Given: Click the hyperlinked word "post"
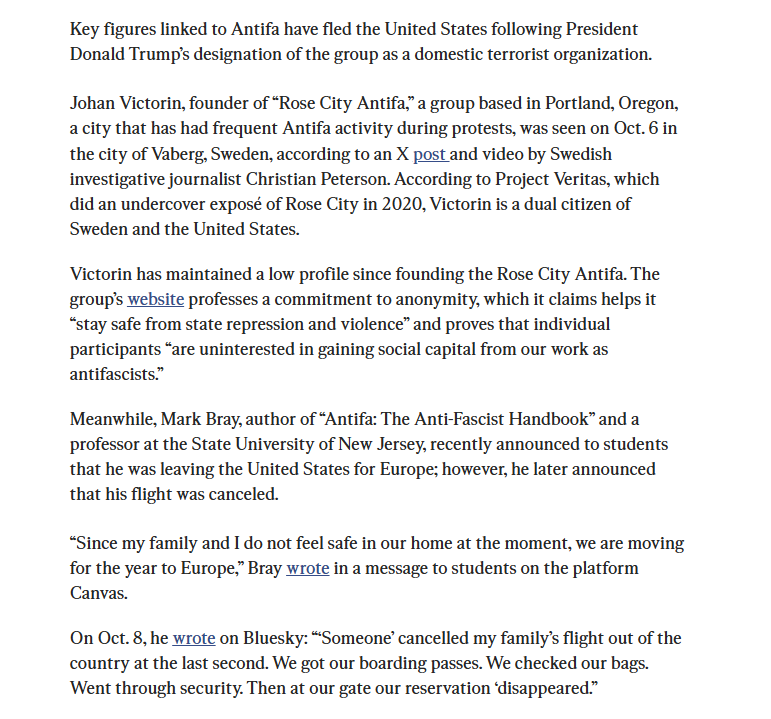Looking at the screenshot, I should (430, 155).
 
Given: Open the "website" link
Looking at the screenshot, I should (155, 299).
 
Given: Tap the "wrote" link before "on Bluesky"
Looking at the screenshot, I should (194, 638).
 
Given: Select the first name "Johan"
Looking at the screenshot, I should (93, 104).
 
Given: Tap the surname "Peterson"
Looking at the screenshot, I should (358, 180).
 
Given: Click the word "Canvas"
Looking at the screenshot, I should (98, 593).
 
